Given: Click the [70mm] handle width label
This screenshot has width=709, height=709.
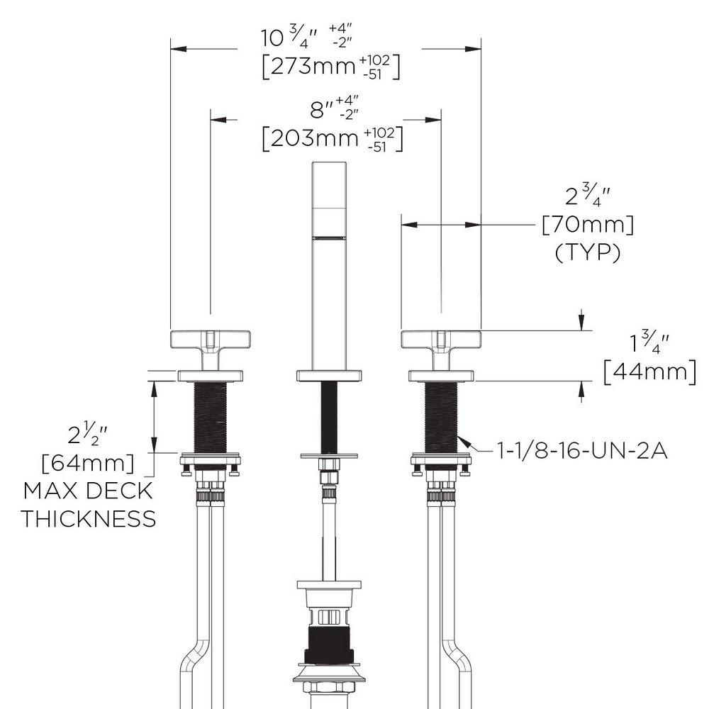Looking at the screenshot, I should click(587, 227).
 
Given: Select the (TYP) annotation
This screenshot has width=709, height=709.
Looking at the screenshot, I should click(587, 252).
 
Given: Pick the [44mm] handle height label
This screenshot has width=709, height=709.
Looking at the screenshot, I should click(649, 371).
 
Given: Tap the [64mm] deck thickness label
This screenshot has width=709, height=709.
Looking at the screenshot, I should click(88, 464).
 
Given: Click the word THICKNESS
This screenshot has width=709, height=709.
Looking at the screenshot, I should click(88, 518).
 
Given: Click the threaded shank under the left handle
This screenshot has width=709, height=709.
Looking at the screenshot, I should click(210, 418).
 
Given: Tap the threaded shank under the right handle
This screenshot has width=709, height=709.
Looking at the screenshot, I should click(441, 418).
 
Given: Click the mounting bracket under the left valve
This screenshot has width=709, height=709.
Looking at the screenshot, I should click(211, 461).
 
